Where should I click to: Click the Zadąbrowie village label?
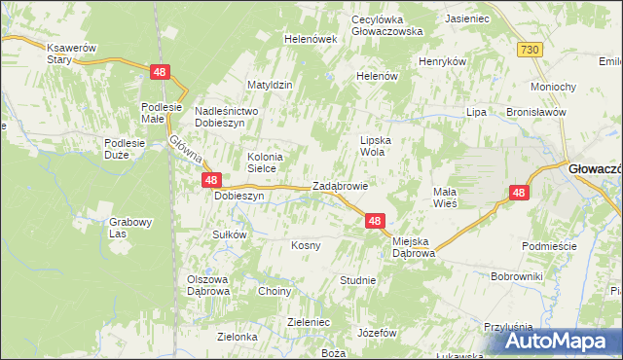click(340, 187)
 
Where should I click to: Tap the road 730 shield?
click(530, 50)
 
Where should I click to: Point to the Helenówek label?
click(310, 39)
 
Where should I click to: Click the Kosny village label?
click(306, 245)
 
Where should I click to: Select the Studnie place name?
click(357, 280)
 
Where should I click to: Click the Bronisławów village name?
click(536, 112)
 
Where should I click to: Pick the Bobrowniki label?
click(516, 277)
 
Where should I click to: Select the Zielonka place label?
click(238, 337)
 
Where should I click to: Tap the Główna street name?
click(184, 152)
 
